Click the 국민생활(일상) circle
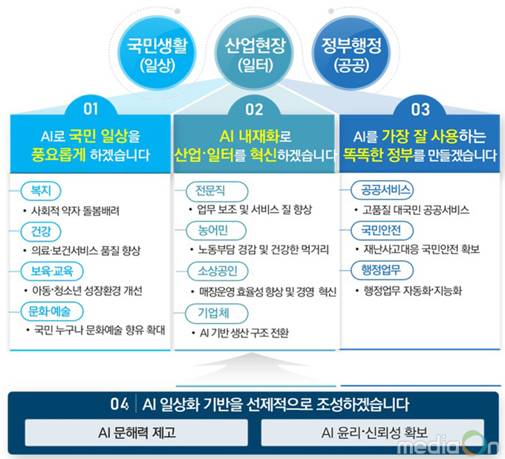(157, 54)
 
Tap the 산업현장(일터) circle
(255, 54)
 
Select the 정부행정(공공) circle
(351, 54)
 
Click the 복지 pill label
(41, 190)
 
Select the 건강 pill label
(41, 231)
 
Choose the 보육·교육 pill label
(52, 272)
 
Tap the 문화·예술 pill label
(52, 311)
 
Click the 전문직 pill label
(217, 191)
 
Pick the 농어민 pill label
(216, 231)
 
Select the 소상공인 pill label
(218, 271)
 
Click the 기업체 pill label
(217, 313)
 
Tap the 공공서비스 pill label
(382, 190)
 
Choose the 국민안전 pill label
(382, 231)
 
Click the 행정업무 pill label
(382, 270)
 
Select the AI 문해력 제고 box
(137, 432)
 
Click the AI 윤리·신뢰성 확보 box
(373, 432)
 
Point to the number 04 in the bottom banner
(119, 403)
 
